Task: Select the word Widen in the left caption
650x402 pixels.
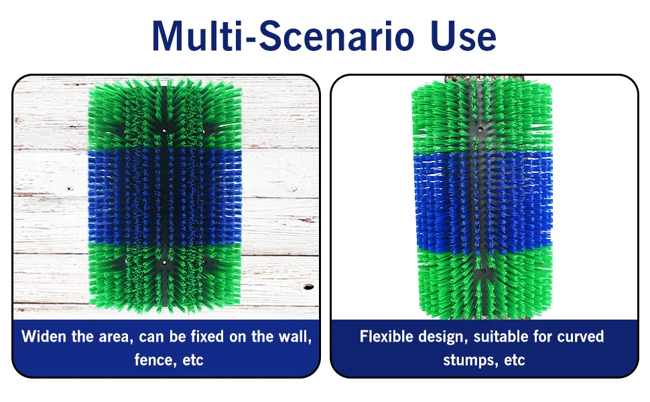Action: [44, 336]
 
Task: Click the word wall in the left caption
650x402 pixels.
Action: [294, 336]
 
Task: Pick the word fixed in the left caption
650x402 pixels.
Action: [207, 336]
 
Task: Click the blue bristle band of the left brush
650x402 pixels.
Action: [165, 196]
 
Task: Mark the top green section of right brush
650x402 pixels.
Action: [482, 116]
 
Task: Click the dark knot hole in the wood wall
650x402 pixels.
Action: [308, 287]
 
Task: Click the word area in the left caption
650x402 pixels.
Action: [115, 337]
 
